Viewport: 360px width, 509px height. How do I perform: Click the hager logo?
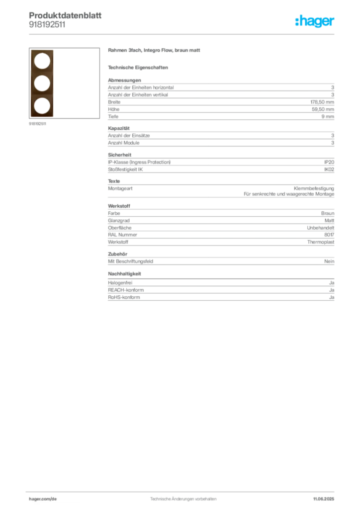[x=315, y=21]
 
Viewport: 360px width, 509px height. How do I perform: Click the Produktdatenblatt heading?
[x=65, y=15]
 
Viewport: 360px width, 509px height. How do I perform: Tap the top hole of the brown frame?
[x=42, y=61]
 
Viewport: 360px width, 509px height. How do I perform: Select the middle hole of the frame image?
[x=42, y=83]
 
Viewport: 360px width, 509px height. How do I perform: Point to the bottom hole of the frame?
[x=42, y=105]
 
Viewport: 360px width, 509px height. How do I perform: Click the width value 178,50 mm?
[x=322, y=102]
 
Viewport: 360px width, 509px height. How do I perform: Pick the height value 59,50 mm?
[x=323, y=109]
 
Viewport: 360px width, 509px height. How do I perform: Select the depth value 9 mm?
[x=328, y=116]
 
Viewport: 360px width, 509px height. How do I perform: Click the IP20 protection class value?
[x=329, y=162]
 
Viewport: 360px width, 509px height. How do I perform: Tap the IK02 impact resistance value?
[x=329, y=170]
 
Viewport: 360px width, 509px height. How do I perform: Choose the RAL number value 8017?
[x=329, y=235]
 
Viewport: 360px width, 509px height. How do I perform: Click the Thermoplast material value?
[x=321, y=242]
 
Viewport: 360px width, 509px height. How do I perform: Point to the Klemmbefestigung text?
[x=314, y=188]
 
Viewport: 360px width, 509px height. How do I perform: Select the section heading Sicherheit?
[x=120, y=155]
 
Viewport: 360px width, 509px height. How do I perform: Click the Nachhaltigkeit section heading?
[x=125, y=274]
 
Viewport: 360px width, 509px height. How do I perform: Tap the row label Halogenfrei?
[x=120, y=283]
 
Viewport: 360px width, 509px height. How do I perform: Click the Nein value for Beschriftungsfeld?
[x=329, y=261]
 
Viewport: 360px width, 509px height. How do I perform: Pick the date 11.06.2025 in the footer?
[x=324, y=499]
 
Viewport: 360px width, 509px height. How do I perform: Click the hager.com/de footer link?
[x=43, y=499]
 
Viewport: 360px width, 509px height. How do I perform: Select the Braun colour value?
[x=328, y=213]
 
